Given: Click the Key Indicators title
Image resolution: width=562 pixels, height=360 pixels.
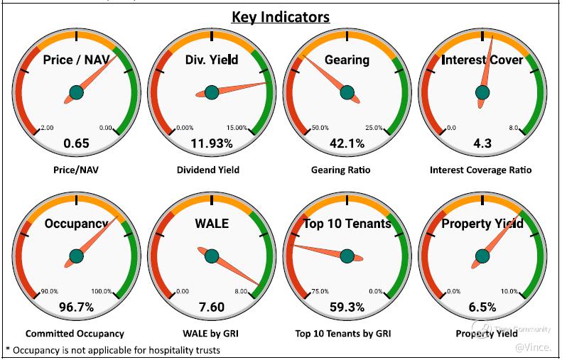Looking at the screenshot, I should click(280, 16).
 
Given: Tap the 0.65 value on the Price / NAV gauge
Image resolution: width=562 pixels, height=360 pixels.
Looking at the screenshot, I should click(76, 143).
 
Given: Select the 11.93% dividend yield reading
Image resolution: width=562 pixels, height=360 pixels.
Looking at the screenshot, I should click(212, 143).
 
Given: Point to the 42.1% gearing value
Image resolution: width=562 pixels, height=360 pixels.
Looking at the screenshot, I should click(347, 143).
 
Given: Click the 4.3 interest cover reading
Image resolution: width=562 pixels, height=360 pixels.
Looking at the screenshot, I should click(482, 143).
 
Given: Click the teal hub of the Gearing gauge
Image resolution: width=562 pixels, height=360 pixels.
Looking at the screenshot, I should click(347, 92).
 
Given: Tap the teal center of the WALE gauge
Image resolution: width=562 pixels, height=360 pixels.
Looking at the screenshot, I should click(212, 256).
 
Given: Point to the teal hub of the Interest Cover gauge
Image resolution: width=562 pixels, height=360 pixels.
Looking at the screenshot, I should click(482, 92).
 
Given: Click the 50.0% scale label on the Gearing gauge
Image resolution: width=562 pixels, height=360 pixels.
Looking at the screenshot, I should click(320, 128).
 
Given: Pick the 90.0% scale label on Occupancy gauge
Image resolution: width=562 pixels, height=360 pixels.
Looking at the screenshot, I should click(50, 291).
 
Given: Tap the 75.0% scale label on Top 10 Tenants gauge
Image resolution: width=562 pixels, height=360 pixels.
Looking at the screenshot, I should click(320, 291).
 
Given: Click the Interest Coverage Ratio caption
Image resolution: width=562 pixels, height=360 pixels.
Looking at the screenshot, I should click(481, 170).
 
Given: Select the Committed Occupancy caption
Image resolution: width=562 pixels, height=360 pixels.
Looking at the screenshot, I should click(75, 333).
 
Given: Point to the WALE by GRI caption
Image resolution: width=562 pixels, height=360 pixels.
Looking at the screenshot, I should click(211, 333).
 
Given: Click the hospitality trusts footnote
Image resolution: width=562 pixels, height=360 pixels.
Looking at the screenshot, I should click(112, 349).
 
